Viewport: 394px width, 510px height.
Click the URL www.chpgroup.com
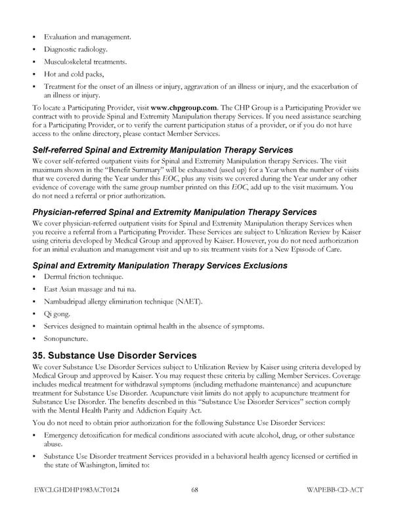(x=183, y=107)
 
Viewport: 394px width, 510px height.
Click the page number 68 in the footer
(x=196, y=490)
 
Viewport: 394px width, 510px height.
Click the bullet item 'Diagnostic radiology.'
(x=76, y=49)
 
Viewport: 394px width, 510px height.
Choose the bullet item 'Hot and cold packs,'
(x=73, y=74)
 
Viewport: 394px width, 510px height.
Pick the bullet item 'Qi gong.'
(x=57, y=314)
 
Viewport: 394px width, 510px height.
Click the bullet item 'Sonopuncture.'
(x=64, y=339)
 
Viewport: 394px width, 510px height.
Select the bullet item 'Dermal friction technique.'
(x=83, y=277)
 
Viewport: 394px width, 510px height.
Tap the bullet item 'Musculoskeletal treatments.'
(x=85, y=62)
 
